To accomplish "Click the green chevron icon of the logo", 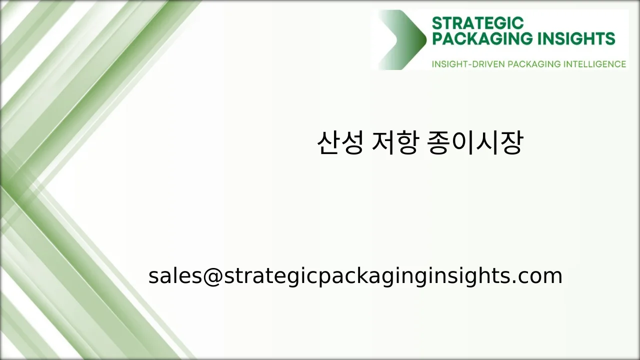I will (400, 39).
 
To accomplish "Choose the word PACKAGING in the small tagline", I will (534, 64).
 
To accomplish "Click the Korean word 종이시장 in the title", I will (475, 143).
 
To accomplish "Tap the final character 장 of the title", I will (511, 143).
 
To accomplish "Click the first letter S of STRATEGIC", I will (436, 23).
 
